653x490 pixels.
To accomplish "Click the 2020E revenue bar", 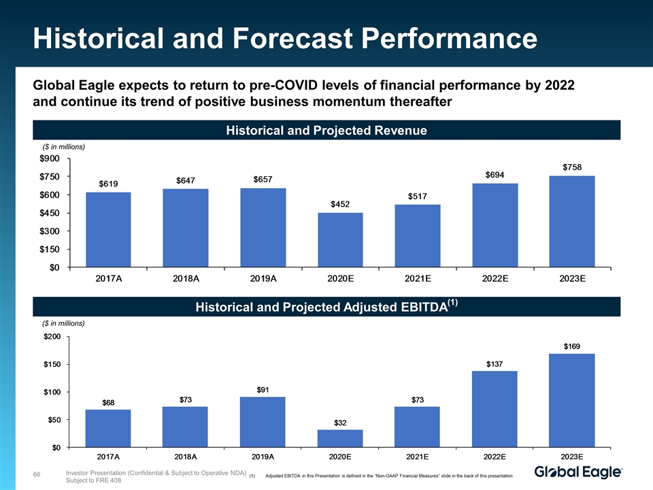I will click(x=340, y=240).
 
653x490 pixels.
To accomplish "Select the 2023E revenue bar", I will click(x=572, y=221).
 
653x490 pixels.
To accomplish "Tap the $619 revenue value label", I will click(x=109, y=184).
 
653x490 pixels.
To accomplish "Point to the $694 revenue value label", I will click(x=495, y=175).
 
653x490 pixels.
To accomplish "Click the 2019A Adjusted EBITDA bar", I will click(x=263, y=422).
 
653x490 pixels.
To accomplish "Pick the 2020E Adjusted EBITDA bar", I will click(x=340, y=438).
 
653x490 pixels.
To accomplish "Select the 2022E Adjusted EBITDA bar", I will click(x=495, y=409).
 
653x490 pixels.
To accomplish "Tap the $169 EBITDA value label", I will click(x=572, y=346).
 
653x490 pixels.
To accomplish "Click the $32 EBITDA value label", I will click(x=340, y=423).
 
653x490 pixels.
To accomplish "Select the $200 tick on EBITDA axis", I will click(x=52, y=336).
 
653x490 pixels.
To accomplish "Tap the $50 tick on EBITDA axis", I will click(x=54, y=420).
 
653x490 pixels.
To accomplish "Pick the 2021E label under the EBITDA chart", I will click(x=417, y=457).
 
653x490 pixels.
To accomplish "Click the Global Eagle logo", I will click(x=579, y=472).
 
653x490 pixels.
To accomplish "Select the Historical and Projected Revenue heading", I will click(x=326, y=130).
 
